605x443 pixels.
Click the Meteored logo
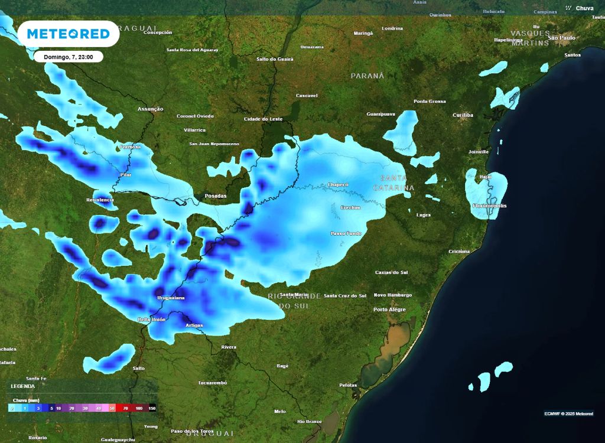pos(69,34)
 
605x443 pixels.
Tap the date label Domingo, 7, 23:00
pos(68,57)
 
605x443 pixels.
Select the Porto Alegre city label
pos(389,310)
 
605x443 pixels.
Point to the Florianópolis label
pos(489,206)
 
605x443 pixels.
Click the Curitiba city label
pos(463,115)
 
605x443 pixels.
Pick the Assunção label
pos(150,109)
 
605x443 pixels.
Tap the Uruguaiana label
pos(171,298)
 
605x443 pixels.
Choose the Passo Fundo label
pos(346,233)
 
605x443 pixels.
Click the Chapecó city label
pos(338,184)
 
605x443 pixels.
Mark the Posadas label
pos(216,196)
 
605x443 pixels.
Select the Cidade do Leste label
pos(264,119)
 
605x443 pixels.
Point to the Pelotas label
pos(348,385)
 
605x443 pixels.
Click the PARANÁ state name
pos(367,76)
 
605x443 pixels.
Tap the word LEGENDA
pos(23,386)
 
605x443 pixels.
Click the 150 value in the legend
pos(152,408)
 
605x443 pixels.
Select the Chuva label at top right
pos(584,8)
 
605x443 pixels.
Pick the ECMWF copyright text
pos(568,413)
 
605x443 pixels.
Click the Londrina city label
pos(392,28)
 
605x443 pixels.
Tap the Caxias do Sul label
pos(392,272)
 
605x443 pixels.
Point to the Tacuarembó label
pos(212,383)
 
